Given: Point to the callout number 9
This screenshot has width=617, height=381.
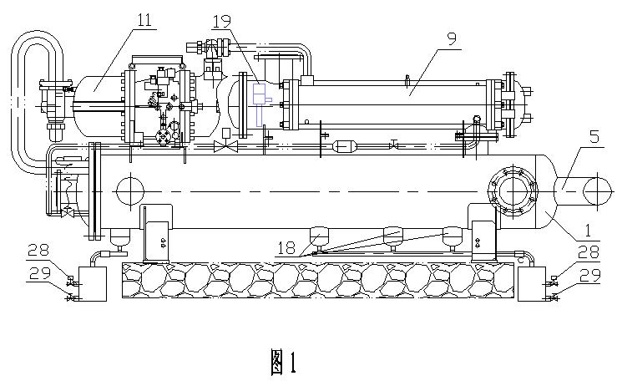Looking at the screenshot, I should (451, 39).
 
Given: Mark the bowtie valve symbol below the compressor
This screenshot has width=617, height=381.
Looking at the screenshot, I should (225, 146).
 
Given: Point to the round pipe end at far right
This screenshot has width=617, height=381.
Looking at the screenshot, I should (597, 190).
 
